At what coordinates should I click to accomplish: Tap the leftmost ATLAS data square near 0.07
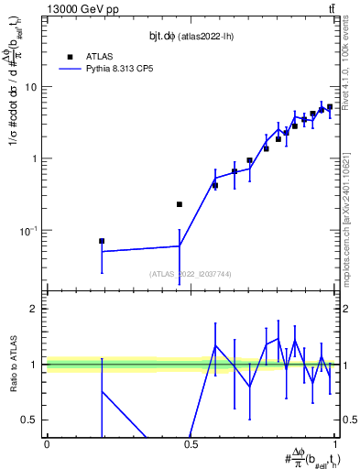coord(102,241)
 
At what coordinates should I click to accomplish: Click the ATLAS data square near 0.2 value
coord(180,204)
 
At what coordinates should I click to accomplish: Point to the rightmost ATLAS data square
coord(330,107)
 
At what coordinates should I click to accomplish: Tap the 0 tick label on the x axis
coord(46,445)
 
